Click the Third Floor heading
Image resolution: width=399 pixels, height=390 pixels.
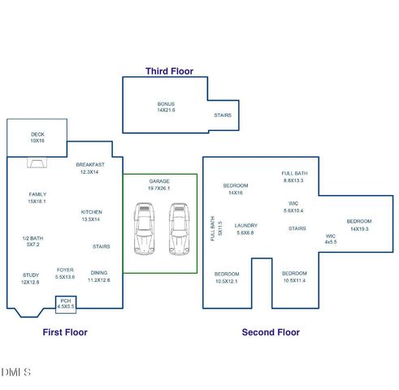click(x=170, y=71)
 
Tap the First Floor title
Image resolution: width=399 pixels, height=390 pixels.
click(x=65, y=332)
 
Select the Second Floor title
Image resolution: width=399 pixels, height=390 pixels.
click(x=271, y=332)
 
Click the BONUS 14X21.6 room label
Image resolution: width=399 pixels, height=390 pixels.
click(x=166, y=107)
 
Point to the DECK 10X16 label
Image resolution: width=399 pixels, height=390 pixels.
click(x=37, y=137)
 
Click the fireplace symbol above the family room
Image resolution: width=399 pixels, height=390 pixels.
click(x=37, y=162)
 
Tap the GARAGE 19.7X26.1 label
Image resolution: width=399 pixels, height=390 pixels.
click(x=158, y=184)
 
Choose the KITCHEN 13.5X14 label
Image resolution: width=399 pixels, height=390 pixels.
click(x=90, y=216)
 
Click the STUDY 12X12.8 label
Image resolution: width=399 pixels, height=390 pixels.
click(x=30, y=279)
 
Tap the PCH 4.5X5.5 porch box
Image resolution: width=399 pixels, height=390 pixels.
click(x=65, y=305)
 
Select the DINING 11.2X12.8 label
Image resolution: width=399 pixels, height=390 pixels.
click(x=98, y=277)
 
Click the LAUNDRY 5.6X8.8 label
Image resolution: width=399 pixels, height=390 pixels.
click(x=245, y=229)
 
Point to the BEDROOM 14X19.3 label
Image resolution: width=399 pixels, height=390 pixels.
click(x=358, y=225)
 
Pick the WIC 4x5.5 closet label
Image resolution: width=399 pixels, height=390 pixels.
click(x=330, y=239)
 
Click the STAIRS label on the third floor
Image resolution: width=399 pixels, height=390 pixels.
click(x=223, y=115)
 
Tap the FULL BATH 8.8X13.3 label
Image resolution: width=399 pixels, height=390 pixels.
click(x=294, y=176)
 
